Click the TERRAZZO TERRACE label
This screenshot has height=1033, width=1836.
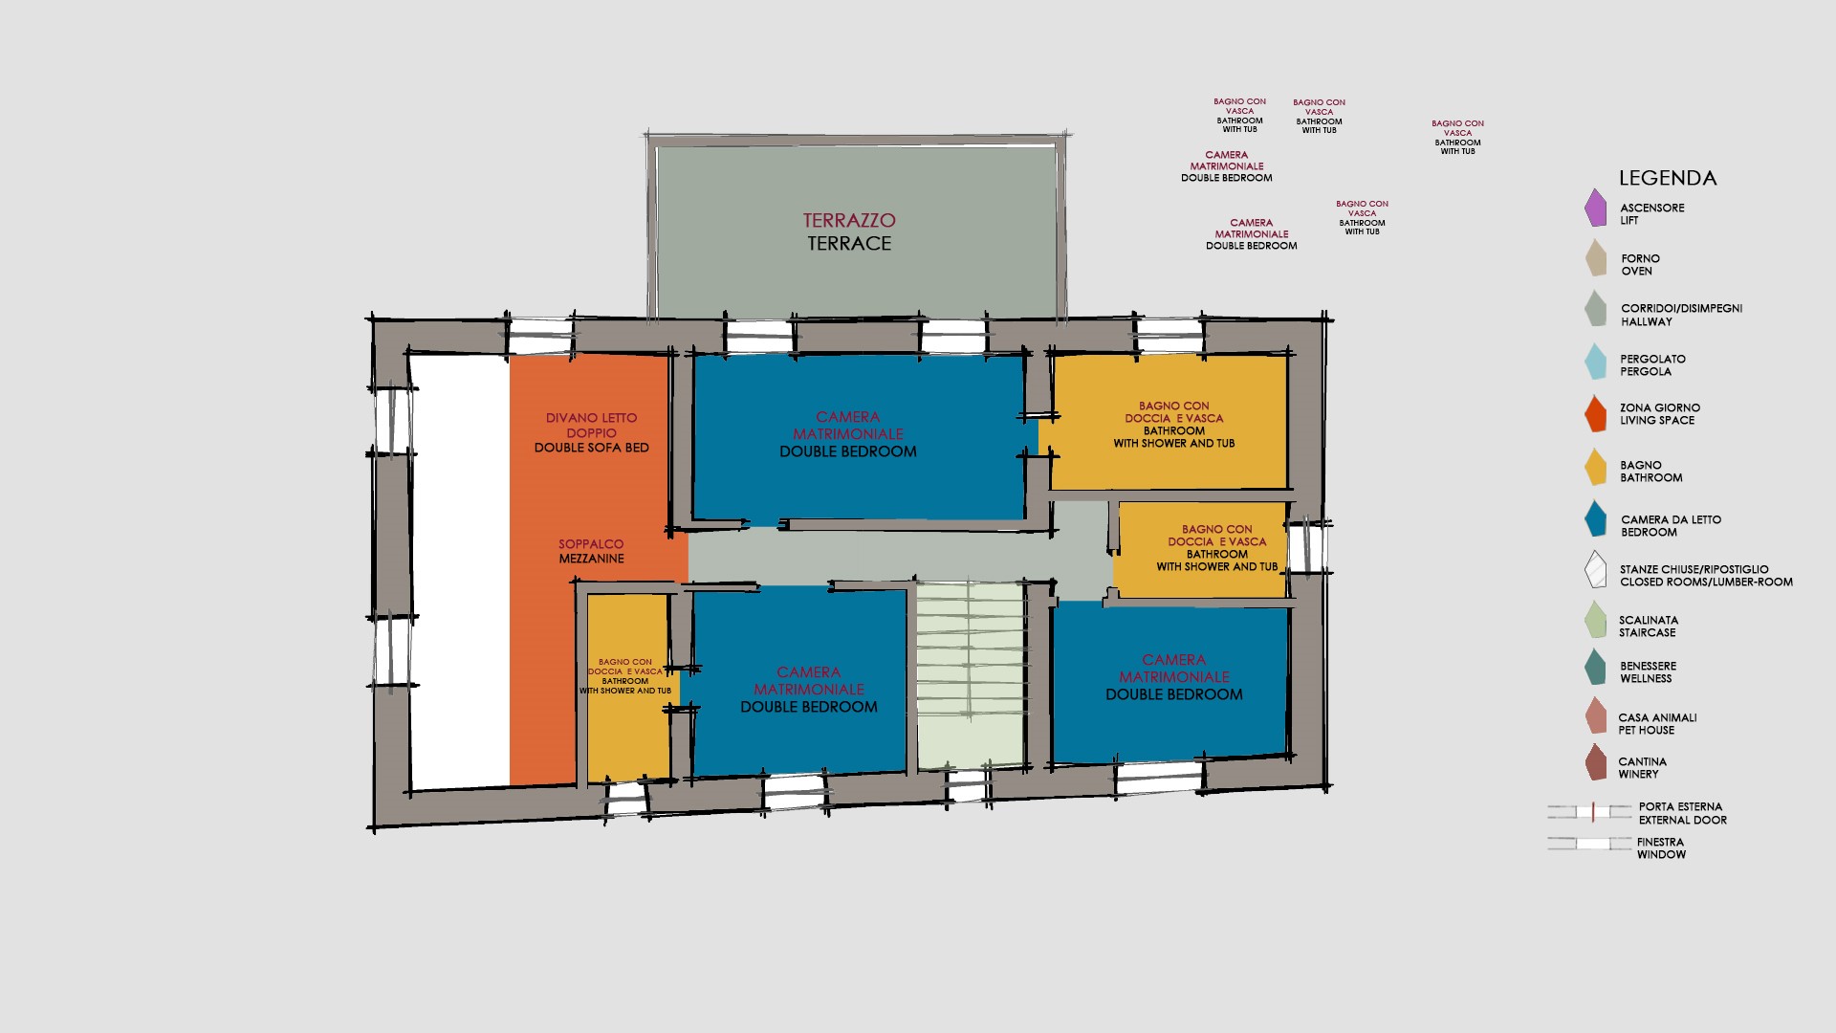849,231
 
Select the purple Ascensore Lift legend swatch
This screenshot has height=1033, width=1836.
1595,208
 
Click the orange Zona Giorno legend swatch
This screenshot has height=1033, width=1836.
1595,413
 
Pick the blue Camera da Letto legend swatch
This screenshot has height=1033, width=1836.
1595,518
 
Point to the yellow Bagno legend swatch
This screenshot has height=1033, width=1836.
1595,467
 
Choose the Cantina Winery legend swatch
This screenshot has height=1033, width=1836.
1595,762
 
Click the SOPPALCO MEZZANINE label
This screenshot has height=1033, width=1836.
592,551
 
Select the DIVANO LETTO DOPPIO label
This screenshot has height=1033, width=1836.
591,426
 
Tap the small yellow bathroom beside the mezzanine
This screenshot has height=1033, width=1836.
627,687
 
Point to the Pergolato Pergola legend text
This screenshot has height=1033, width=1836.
1652,365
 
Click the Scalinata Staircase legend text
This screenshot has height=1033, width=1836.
1649,626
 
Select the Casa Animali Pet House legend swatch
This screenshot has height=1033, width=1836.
1595,715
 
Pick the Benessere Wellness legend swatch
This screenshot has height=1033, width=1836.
1595,667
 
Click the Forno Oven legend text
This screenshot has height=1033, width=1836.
1640,265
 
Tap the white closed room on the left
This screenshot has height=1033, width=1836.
460,572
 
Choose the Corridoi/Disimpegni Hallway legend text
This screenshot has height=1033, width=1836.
1681,315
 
